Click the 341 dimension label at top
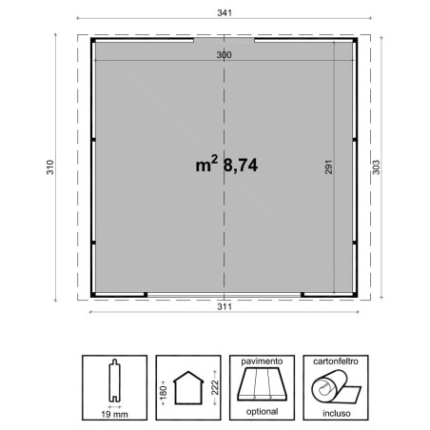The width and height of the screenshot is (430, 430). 225,13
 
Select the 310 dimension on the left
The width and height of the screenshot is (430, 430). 50,167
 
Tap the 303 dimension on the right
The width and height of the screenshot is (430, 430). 376,167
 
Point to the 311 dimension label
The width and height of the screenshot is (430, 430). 225,306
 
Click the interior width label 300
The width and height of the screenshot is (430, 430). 224,55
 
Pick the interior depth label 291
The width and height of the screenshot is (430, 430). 328,166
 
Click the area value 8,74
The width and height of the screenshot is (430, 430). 241,166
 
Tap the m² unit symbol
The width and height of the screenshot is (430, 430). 206,164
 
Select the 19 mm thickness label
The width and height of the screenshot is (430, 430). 114,414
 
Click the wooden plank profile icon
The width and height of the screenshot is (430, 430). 114,381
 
